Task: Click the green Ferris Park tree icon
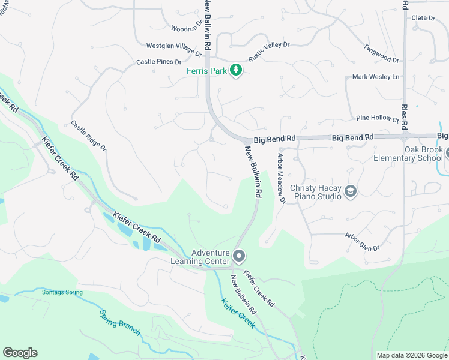pos(237,70)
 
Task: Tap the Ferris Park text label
pos(206,71)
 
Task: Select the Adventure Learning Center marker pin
pos(239,257)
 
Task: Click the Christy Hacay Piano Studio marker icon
pos(351,191)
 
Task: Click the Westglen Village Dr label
pos(174,49)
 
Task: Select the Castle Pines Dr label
pos(158,62)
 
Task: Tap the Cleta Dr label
pos(423,18)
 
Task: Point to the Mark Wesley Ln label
pos(376,77)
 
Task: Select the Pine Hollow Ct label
pos(377,118)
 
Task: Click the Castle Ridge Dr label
pos(88,136)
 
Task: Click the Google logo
pos(20,353)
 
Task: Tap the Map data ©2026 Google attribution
pos(411,355)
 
